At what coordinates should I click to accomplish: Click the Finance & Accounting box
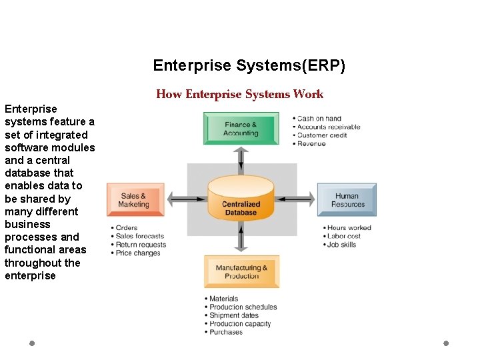(241, 129)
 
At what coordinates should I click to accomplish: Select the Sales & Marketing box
(135, 200)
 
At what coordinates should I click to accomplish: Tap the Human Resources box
(347, 200)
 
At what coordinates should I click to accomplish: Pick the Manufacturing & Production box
(241, 271)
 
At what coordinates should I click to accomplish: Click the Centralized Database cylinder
(241, 199)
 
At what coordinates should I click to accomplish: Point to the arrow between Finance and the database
(241, 160)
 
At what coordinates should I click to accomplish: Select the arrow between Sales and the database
(187, 198)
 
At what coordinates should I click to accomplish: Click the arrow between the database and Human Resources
(295, 198)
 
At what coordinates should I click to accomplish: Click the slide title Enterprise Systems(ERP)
(249, 65)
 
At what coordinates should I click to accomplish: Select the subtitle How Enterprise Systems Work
(239, 94)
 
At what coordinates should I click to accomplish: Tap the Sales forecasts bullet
(139, 236)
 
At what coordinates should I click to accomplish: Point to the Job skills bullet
(341, 245)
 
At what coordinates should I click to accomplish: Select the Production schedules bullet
(243, 307)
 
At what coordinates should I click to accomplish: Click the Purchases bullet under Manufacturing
(226, 332)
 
